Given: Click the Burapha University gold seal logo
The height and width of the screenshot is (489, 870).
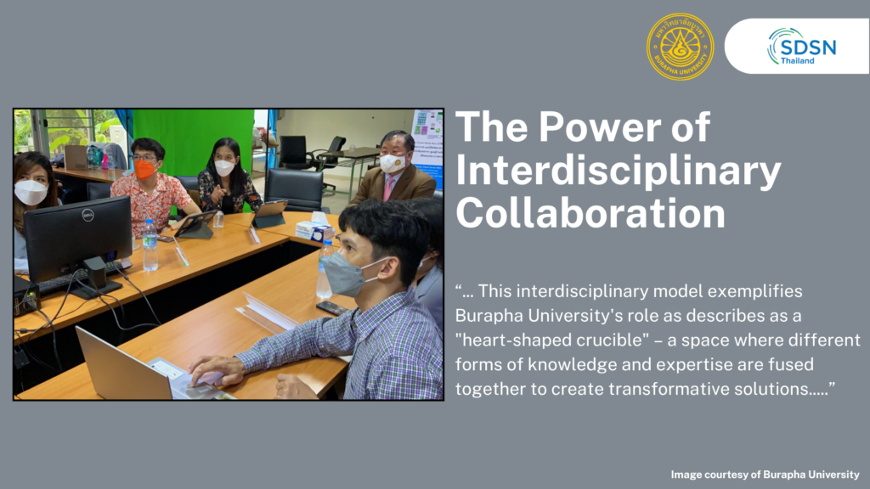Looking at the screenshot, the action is pos(680,47).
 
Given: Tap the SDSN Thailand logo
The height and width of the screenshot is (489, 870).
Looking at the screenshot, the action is pos(802,47).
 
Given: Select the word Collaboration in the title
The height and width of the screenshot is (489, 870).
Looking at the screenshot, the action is pos(590,213).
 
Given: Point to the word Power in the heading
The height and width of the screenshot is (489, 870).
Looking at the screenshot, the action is pos(599,127).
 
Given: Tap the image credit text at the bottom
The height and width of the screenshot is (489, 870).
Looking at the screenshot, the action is pos(765,475).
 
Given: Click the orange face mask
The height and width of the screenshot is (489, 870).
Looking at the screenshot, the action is pos(144,170).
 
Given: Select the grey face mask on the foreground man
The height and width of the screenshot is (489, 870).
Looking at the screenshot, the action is pos(347,273).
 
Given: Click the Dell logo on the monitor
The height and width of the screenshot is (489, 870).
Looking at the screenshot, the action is pos(88,215).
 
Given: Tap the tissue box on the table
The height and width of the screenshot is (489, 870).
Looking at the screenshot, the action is pos(314,228).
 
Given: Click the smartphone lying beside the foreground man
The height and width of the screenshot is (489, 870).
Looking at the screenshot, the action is pos(332,308).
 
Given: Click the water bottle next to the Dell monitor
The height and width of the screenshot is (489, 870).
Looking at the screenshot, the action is pos(150,245).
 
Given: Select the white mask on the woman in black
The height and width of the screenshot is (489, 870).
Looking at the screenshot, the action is pos(224,167).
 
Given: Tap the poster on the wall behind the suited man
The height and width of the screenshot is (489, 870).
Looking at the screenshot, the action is pos(428,147).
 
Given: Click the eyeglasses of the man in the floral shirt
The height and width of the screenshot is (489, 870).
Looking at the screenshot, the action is pos(144,158).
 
